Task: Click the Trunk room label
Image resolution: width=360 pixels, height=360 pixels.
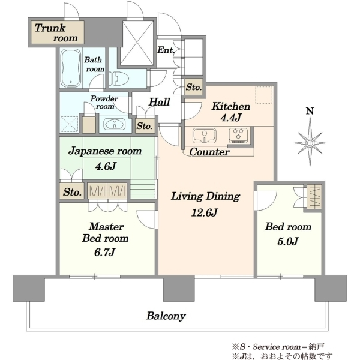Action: coord(56,33)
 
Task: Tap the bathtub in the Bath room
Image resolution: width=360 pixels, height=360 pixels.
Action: coord(70,68)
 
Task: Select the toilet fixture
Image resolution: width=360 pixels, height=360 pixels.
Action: coord(119,78)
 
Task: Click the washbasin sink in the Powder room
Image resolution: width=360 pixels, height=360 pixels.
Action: coord(115,124)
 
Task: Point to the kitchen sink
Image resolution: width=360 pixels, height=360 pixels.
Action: coord(205,136)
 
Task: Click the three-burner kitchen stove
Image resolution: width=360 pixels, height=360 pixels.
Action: coord(239,135)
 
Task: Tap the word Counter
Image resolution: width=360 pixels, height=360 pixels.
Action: coord(209,152)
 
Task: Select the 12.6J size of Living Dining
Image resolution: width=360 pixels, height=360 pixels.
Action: coord(205,212)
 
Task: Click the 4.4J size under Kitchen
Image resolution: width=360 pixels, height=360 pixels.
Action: coord(230,118)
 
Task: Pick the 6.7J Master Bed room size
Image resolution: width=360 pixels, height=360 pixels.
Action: coord(104,252)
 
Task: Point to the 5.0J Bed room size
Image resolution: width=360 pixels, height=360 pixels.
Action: coord(288,241)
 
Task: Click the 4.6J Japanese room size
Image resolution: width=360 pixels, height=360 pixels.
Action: coord(106,166)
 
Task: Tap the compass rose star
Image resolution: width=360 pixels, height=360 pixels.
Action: coord(310,143)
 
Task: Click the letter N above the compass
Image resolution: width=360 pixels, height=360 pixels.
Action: coord(310,112)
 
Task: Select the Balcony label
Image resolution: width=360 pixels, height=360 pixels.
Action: coord(166,316)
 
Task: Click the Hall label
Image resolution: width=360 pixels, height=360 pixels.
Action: coord(159,102)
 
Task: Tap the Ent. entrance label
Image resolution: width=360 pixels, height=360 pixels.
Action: coord(166,50)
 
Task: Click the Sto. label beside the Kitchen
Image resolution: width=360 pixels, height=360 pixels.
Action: coord(194,87)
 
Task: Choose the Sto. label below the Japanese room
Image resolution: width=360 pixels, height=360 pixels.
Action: coord(73,192)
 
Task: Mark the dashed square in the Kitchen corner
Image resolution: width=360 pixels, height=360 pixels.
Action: coord(264,95)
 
